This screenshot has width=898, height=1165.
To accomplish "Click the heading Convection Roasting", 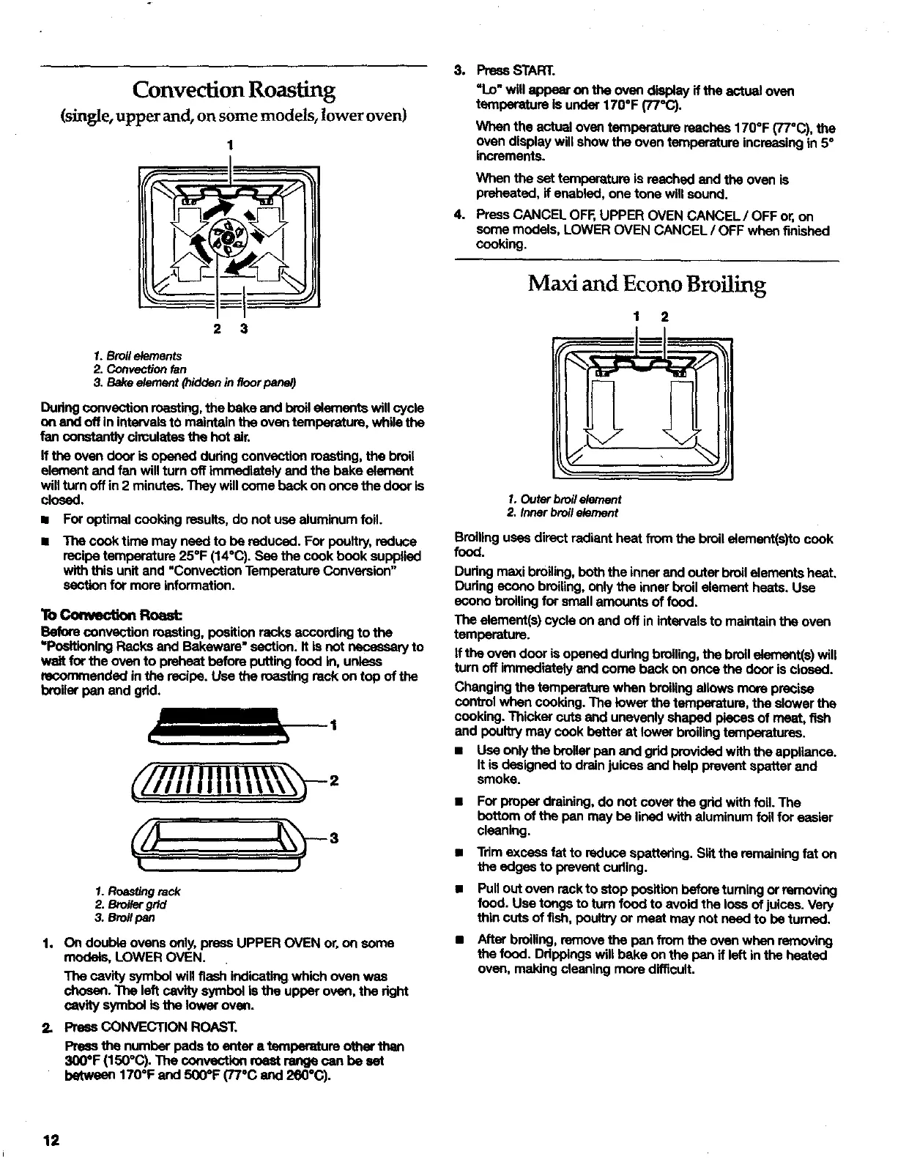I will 234,90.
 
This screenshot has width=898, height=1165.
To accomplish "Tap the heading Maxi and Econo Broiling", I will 647,284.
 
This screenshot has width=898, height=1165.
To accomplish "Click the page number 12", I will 52,1142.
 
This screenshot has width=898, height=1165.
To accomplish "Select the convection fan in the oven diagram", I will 229,237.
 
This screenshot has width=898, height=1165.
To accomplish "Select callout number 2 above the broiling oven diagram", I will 664,317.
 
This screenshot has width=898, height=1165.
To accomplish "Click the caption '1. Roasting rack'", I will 138,891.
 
